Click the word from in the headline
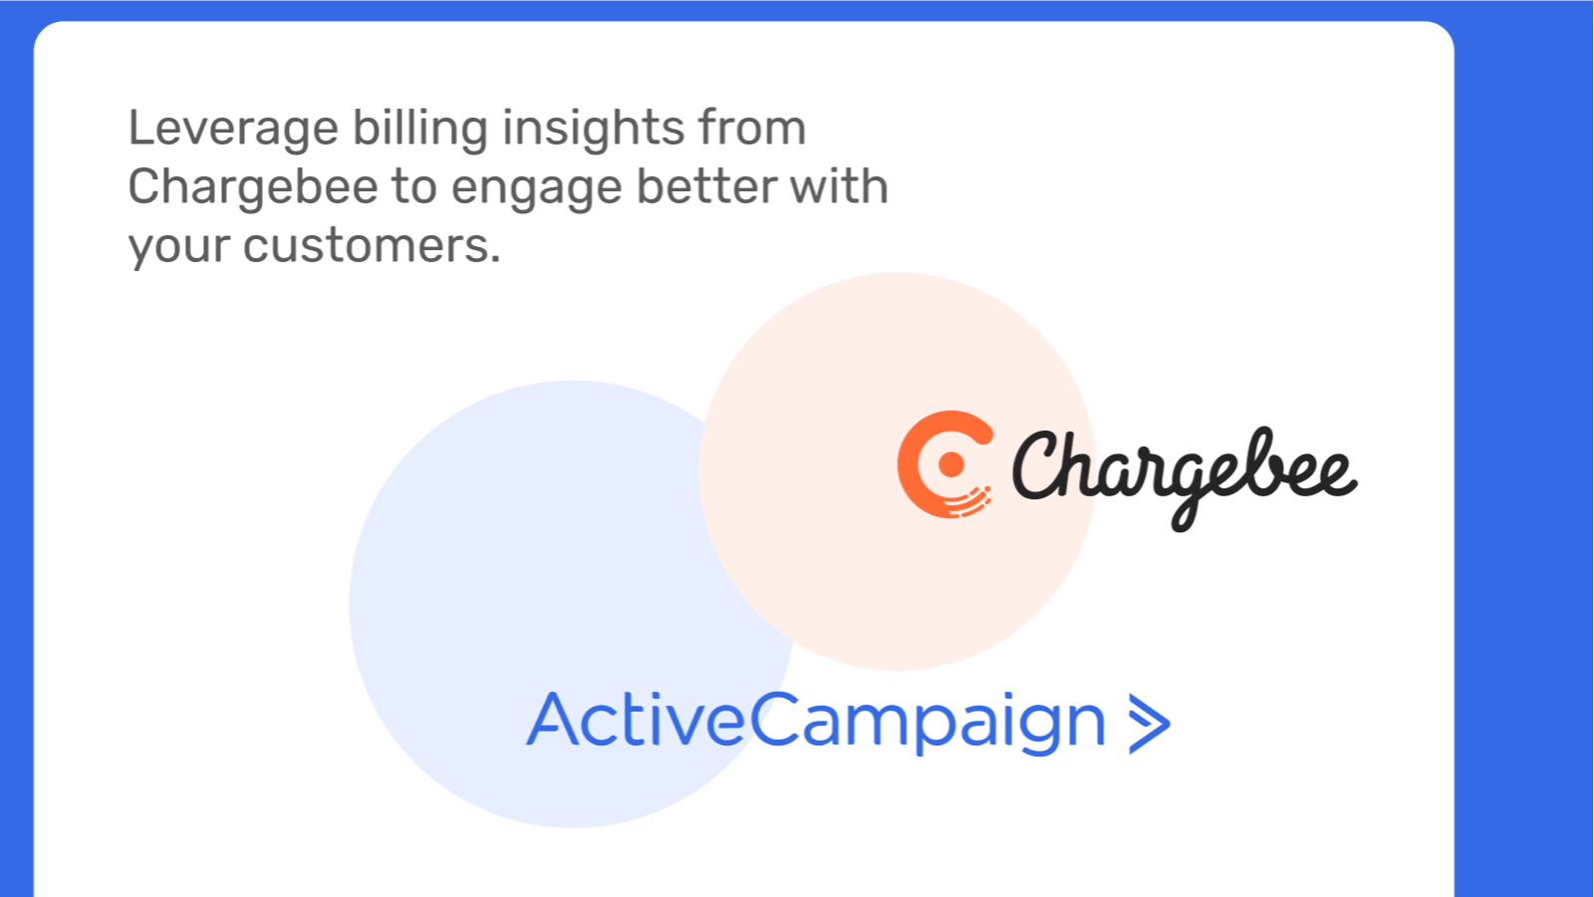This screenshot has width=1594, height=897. (752, 128)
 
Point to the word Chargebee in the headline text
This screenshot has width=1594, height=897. (253, 188)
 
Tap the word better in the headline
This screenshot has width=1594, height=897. (705, 186)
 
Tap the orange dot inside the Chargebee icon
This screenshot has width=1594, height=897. (951, 464)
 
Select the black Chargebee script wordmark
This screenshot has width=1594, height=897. (1185, 478)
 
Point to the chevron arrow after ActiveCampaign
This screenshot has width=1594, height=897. (1150, 724)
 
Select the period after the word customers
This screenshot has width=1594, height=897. (494, 259)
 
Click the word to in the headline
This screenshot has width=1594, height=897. (414, 188)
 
